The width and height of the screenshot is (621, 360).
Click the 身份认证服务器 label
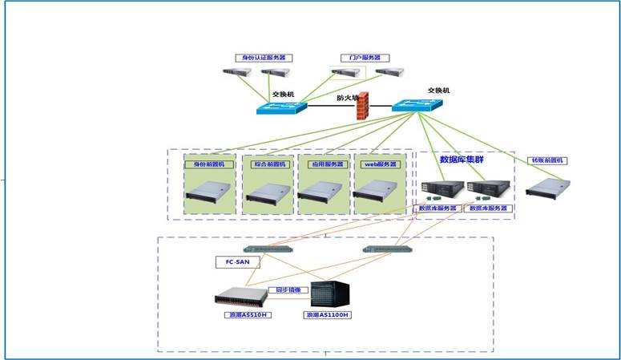click(x=264, y=58)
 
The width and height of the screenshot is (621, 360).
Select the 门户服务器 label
click(x=359, y=58)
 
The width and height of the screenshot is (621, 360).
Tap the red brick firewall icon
click(x=362, y=106)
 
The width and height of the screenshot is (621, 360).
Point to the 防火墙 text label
click(x=347, y=98)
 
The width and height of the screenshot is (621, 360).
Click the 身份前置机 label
click(x=210, y=164)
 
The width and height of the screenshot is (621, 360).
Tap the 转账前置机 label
click(x=547, y=160)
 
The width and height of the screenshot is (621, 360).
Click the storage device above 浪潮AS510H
click(x=241, y=297)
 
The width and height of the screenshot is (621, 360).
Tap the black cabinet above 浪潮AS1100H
click(x=331, y=294)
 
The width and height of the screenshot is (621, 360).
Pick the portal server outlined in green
click(x=347, y=73)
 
